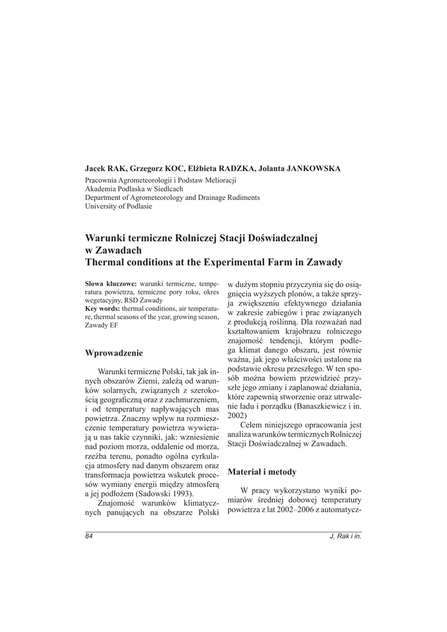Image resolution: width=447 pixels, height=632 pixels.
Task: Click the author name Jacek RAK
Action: (x=106, y=168)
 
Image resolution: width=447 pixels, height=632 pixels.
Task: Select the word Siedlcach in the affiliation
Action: (x=166, y=189)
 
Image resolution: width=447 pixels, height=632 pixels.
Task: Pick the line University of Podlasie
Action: (x=119, y=206)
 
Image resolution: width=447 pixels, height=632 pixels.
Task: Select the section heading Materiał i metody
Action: (x=262, y=472)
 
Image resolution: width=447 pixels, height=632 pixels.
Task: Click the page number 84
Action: (x=89, y=535)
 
